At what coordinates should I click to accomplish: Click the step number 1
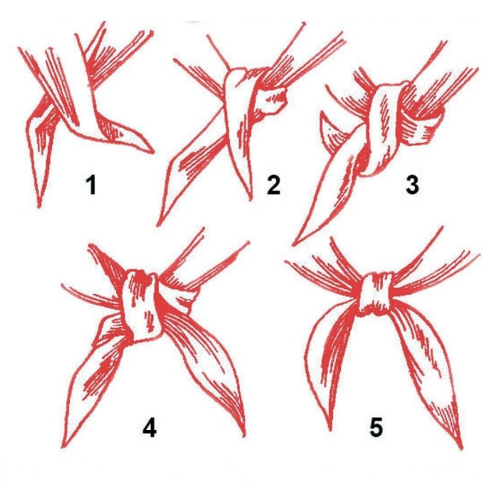[92, 185]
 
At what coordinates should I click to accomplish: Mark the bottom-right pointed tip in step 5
[462, 448]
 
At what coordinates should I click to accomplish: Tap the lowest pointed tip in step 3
[293, 245]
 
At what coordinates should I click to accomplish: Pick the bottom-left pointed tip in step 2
[158, 225]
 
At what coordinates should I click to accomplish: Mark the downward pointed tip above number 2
[250, 199]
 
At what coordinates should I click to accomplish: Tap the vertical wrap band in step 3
[381, 129]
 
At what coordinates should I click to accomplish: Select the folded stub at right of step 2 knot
[273, 101]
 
